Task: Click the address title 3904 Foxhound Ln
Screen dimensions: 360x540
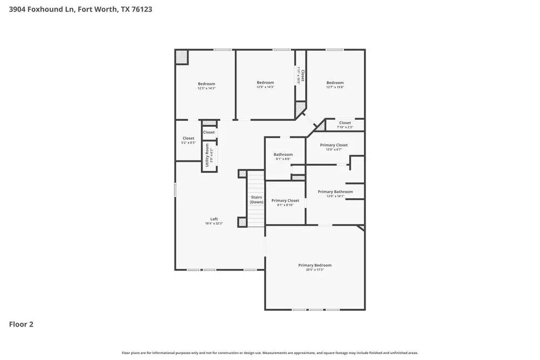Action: pyautogui.click(x=80, y=9)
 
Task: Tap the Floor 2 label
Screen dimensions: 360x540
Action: pyautogui.click(x=21, y=324)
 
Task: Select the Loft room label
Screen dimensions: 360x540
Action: pyautogui.click(x=214, y=219)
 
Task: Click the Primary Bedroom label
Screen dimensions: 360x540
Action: pyautogui.click(x=315, y=265)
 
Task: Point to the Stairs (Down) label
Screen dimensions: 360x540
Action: pyautogui.click(x=256, y=200)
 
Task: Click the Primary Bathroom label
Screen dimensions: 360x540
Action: pyautogui.click(x=335, y=192)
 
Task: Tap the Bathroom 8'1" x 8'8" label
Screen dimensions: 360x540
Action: pyautogui.click(x=283, y=157)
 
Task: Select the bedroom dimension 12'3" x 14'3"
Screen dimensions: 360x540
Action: pyautogui.click(x=206, y=88)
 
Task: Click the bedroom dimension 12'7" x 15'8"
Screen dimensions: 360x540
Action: pyautogui.click(x=335, y=87)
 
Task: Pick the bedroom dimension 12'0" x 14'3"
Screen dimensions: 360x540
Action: pyautogui.click(x=265, y=87)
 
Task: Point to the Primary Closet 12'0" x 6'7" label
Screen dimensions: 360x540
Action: pyautogui.click(x=334, y=147)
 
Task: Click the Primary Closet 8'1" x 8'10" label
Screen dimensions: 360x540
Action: pyautogui.click(x=285, y=202)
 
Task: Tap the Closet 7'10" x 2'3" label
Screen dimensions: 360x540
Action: pyautogui.click(x=345, y=125)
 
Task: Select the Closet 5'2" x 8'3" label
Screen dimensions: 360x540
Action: pyautogui.click(x=188, y=140)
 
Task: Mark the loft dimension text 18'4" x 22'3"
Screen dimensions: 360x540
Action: pyautogui.click(x=214, y=223)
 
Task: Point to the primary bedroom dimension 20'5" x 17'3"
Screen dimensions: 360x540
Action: pyautogui.click(x=315, y=269)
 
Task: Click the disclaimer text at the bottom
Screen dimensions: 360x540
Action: pyautogui.click(x=269, y=353)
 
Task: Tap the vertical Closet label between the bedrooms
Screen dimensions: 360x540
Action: pyautogui.click(x=303, y=76)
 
